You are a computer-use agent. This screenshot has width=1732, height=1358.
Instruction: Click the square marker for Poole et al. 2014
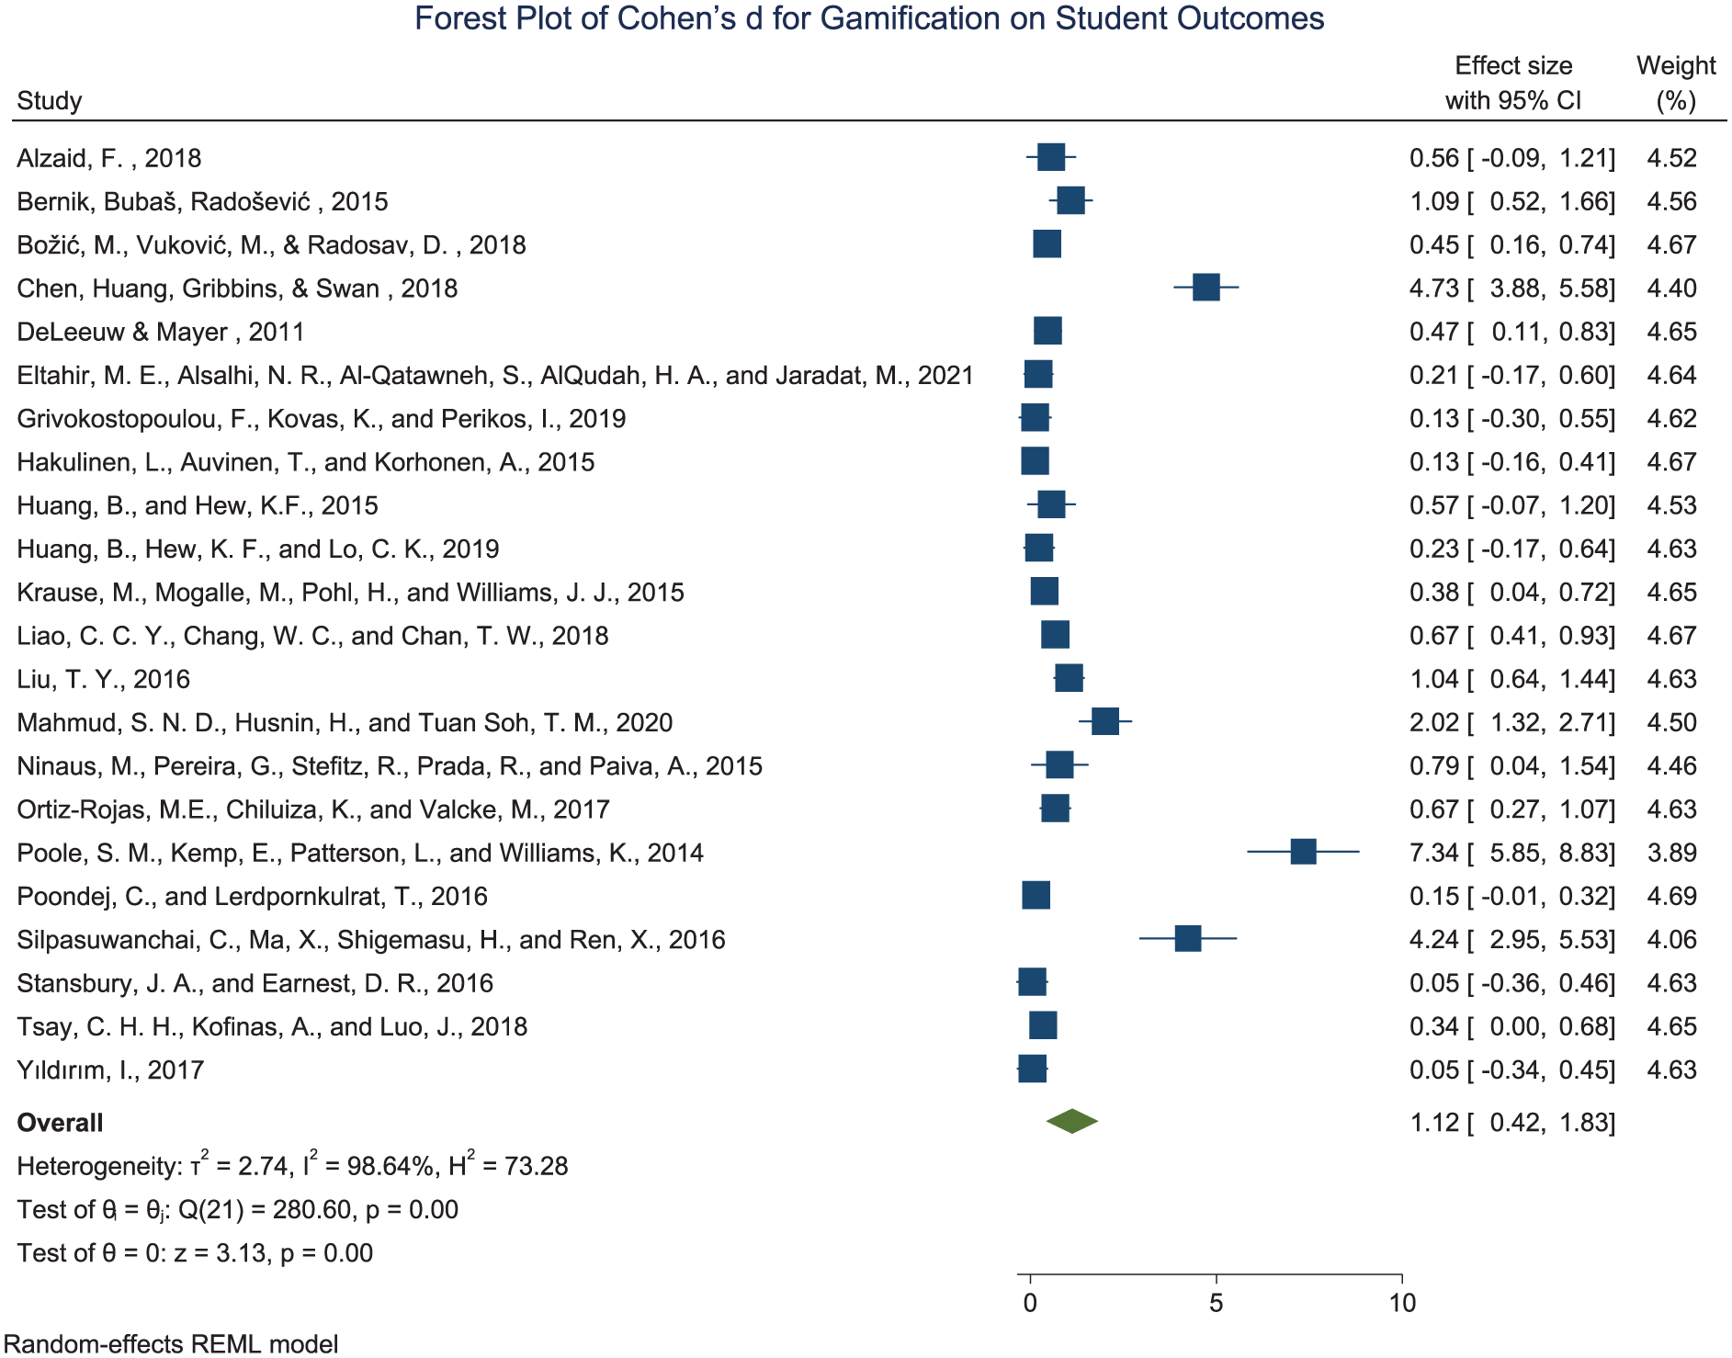click(1303, 852)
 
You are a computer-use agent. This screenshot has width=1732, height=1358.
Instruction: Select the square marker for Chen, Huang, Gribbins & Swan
click(1206, 288)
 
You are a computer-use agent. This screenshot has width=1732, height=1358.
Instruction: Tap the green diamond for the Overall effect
click(1072, 1121)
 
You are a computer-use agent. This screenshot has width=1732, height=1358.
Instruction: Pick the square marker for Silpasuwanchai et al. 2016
click(1188, 939)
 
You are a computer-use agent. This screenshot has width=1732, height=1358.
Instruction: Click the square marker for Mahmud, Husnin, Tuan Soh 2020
click(1105, 721)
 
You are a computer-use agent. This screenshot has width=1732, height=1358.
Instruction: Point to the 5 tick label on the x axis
click(1217, 1303)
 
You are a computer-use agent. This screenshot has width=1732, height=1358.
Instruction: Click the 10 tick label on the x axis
click(1402, 1303)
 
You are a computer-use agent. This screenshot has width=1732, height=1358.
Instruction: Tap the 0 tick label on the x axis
click(1030, 1303)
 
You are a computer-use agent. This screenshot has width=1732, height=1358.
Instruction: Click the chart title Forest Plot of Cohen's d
click(869, 18)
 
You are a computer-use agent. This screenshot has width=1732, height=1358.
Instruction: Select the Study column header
click(50, 100)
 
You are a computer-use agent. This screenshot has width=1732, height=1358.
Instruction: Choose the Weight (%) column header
click(1676, 83)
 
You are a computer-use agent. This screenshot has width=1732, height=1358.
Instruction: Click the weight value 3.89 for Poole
click(1672, 853)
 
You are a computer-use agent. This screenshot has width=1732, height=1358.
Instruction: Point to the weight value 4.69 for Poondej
click(1672, 896)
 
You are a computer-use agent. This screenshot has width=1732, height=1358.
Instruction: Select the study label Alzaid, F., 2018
click(109, 158)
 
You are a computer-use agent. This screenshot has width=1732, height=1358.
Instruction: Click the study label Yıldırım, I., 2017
click(110, 1069)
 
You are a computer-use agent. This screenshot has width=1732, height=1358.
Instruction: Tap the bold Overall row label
click(60, 1123)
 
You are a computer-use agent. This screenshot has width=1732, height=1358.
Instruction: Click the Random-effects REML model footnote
click(171, 1343)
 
